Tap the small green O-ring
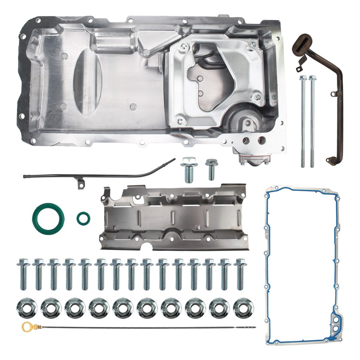click(x=83, y=218)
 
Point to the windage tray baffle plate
click(x=173, y=217)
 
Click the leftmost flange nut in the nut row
click(x=26, y=308)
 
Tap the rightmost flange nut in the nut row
click(x=242, y=308)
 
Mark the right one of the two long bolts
click(x=312, y=120)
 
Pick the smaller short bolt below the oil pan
click(x=211, y=169)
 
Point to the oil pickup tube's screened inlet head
click(x=302, y=42)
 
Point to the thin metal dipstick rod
click(x=142, y=328)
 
